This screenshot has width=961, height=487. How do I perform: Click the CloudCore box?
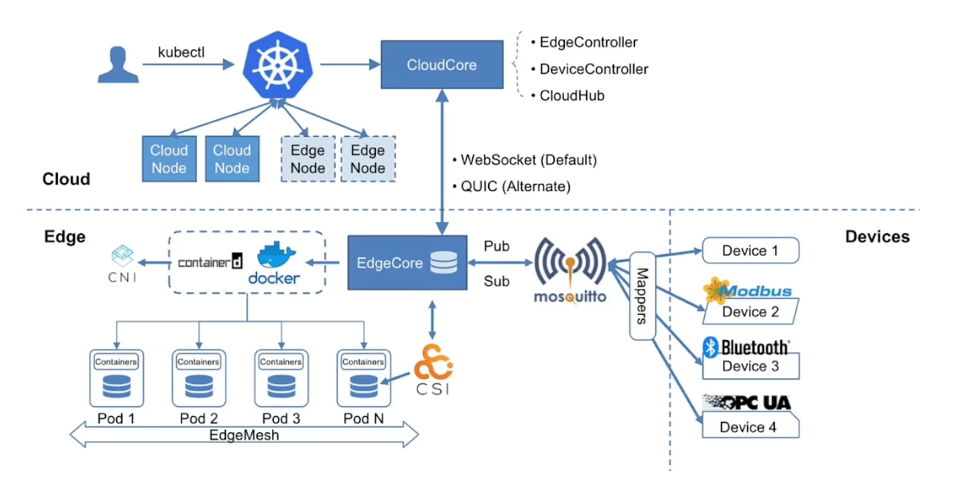point(442,64)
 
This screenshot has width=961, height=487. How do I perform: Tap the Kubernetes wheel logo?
point(277,65)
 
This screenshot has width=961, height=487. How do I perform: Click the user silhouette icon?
point(118,64)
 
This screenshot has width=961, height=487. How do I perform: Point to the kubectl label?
point(182,52)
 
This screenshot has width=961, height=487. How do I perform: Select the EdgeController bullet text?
point(588,43)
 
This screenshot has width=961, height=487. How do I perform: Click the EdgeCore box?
point(408,263)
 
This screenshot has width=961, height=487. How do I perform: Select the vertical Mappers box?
point(642,296)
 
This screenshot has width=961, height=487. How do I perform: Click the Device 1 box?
point(750,250)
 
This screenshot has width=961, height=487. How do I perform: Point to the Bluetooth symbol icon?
point(710,347)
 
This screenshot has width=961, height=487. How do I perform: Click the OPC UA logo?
point(747,402)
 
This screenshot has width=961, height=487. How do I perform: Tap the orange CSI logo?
point(433,363)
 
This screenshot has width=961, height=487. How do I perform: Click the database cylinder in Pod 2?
point(199,386)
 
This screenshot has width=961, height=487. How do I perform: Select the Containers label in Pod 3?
point(281,362)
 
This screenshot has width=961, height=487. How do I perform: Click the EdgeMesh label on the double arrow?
point(244,435)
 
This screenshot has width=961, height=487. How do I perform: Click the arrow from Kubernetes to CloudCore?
point(351,64)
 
